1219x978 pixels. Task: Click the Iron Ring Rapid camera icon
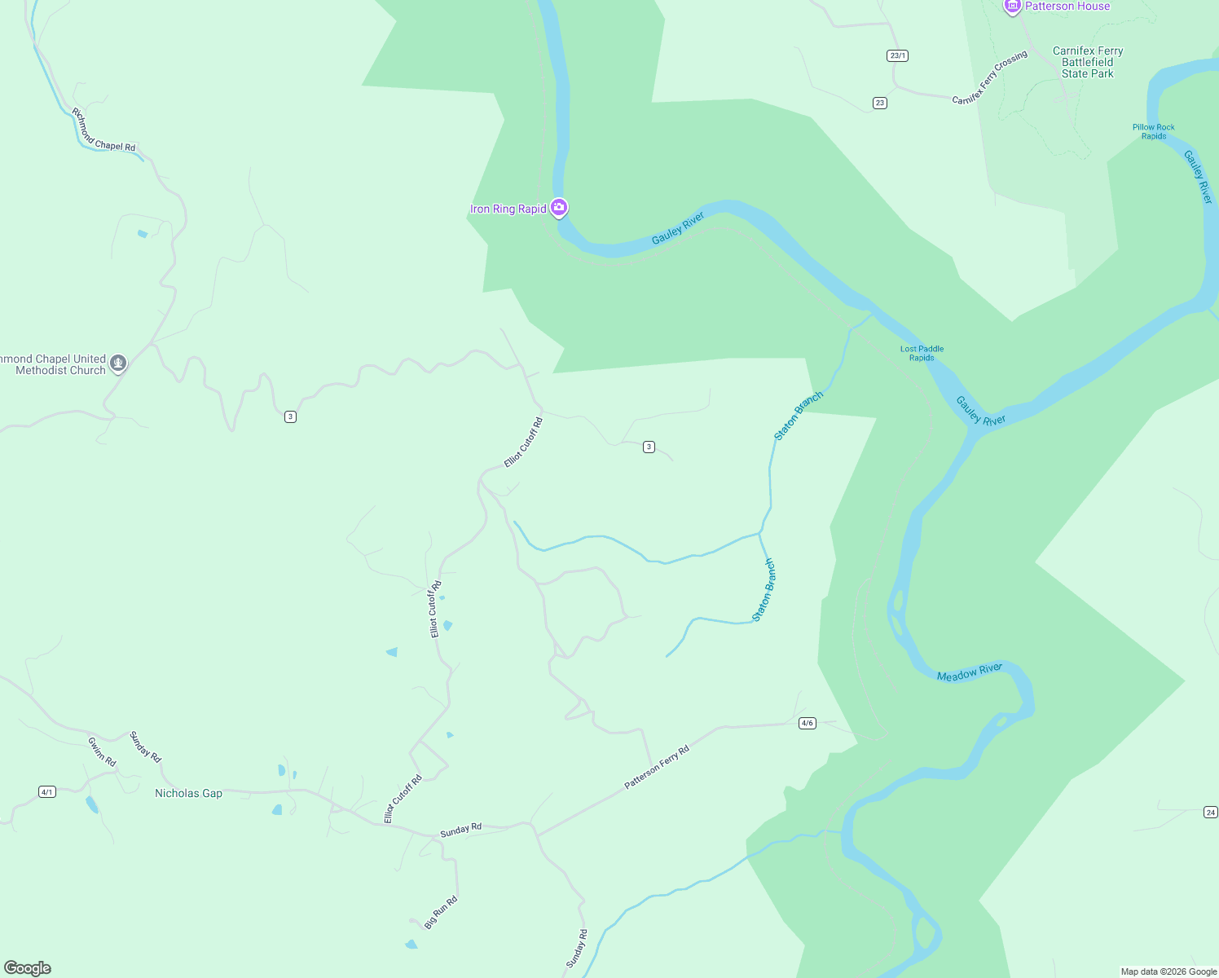[558, 208]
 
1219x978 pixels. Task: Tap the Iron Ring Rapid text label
[508, 209]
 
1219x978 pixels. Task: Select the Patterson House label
[1067, 7]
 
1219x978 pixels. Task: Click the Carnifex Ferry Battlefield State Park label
[1088, 62]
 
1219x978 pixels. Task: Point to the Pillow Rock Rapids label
[1154, 131]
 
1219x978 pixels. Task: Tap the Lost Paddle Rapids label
[922, 353]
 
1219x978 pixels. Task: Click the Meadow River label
[970, 672]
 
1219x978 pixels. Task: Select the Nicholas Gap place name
[188, 793]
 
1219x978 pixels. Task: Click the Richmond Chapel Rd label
[103, 130]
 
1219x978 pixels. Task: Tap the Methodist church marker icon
[118, 363]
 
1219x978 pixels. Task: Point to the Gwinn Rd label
[103, 751]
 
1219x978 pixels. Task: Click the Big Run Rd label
[441, 912]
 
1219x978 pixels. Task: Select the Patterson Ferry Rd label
[657, 767]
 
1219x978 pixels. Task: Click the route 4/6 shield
[807, 723]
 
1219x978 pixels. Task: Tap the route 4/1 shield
[47, 791]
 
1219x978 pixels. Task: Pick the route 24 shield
[1210, 812]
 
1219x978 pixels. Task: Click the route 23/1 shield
[897, 55]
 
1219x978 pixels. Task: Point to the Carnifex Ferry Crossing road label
[990, 77]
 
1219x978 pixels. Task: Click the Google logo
[28, 968]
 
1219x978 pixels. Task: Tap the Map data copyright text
[1168, 971]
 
